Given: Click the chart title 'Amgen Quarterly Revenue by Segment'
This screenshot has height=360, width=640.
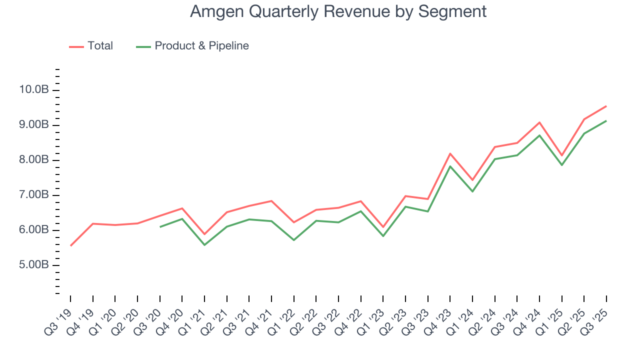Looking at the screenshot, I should click(338, 11).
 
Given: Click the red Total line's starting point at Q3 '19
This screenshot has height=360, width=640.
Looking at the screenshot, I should click(70, 245).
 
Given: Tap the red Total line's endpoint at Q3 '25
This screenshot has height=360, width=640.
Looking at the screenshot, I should click(606, 106).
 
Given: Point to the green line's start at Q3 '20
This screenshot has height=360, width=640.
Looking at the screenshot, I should click(160, 227).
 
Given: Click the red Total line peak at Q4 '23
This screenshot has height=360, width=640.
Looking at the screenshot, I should click(450, 153).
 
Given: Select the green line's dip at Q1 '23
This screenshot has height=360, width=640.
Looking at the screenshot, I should click(383, 236).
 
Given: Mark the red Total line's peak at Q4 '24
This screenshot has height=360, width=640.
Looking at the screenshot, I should click(539, 122).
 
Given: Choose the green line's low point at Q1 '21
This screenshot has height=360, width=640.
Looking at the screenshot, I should click(204, 245).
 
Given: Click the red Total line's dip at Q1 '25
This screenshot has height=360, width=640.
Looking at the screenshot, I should click(562, 155).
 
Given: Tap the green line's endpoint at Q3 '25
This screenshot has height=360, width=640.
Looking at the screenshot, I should click(606, 120).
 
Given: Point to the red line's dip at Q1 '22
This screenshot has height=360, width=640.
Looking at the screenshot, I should click(294, 222).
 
